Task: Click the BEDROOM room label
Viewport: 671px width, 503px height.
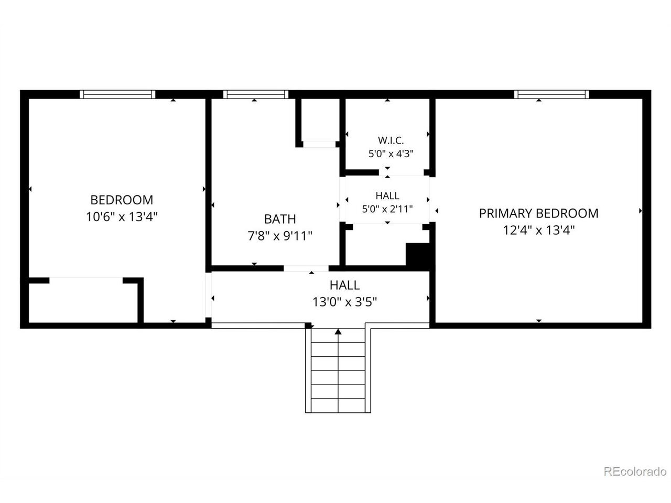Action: coord(122,200)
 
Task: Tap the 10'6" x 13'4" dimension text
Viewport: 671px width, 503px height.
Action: coord(122,217)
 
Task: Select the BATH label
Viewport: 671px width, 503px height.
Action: coord(280,219)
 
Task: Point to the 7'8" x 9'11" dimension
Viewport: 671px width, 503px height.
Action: coord(280,236)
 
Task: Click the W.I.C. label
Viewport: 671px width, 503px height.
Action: coord(391,140)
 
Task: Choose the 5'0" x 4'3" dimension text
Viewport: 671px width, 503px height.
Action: coord(391,154)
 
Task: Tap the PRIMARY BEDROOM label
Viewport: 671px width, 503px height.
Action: coord(538,213)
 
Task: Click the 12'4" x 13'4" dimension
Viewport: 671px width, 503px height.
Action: coord(538,230)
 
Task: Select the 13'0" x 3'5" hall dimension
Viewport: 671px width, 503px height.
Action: coord(344,302)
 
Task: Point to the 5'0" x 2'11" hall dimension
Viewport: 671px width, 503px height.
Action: coord(387,209)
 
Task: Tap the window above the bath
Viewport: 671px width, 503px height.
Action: coord(256,94)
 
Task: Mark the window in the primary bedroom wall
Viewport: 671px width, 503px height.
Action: coord(551,94)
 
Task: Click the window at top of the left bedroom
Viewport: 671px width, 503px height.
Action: coord(117,94)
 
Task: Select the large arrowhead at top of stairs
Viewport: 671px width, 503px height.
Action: coord(338,331)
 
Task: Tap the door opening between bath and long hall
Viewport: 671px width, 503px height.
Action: coord(306,268)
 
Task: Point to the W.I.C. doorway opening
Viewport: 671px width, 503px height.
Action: coord(401,172)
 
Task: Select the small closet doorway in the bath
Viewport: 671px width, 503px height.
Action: coord(319,144)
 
